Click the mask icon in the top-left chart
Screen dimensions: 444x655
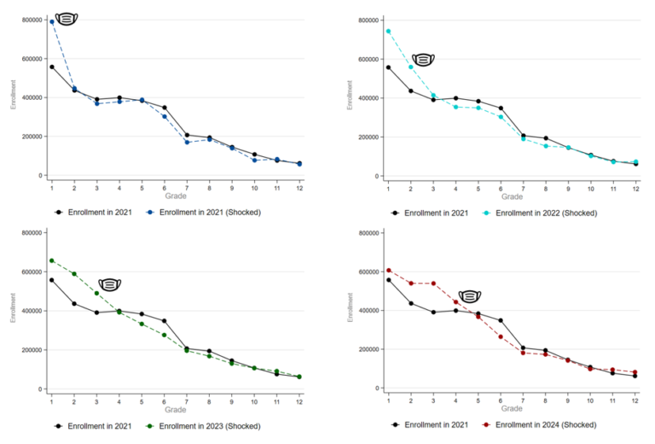tap(66, 18)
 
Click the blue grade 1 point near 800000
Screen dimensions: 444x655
tap(52, 21)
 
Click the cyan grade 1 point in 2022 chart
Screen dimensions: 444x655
tap(388, 32)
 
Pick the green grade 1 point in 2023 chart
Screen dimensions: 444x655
tap(52, 260)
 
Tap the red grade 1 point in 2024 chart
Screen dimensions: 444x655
tap(388, 270)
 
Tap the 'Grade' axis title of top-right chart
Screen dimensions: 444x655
tap(512, 196)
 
